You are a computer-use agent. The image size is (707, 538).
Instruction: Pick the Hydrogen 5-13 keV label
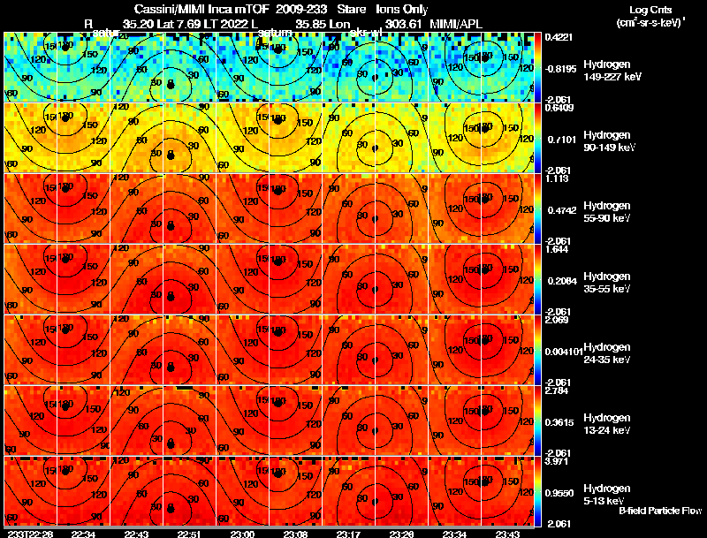pyautogui.click(x=583, y=494)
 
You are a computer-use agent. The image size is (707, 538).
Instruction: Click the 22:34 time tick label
pyautogui.click(x=83, y=533)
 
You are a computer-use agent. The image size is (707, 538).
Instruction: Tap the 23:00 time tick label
pyautogui.click(x=241, y=533)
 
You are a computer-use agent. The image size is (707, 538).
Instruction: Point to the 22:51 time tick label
pyautogui.click(x=189, y=533)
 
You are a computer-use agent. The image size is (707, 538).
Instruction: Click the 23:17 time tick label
pyautogui.click(x=347, y=533)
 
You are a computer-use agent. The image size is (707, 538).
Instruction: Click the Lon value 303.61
pyautogui.click(x=402, y=22)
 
